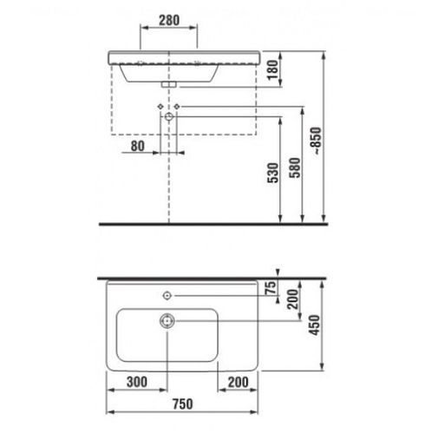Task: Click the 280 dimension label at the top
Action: tap(169, 20)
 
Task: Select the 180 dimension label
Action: tap(272, 70)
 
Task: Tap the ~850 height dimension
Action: tap(317, 141)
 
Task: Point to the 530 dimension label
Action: tap(272, 173)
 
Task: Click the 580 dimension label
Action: tap(295, 168)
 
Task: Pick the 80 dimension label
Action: tap(138, 146)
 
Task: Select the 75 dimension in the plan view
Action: tap(271, 287)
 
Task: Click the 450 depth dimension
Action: tap(314, 325)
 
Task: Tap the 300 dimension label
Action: tap(137, 382)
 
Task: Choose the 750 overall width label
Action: tap(183, 404)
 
